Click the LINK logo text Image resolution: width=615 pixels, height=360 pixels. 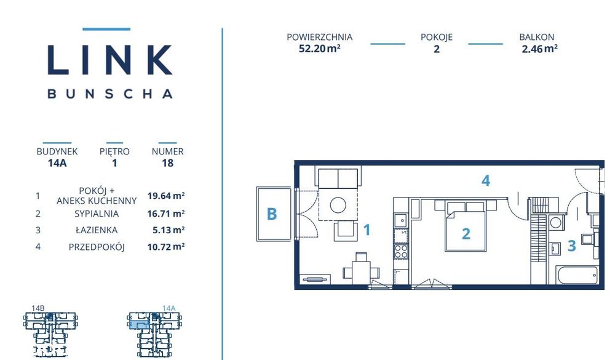[110, 60]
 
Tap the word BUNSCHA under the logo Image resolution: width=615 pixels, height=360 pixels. [110, 94]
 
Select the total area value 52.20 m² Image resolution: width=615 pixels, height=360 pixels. [319, 49]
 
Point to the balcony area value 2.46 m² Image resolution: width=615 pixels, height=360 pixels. [540, 49]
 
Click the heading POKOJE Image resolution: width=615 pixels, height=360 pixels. [437, 37]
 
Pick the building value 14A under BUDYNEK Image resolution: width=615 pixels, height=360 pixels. [57, 163]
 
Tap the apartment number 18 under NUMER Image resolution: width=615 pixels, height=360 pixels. [167, 163]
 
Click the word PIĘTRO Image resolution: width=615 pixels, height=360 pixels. [114, 151]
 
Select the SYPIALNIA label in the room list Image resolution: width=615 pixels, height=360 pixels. [97, 214]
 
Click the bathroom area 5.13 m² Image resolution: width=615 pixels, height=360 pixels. [169, 230]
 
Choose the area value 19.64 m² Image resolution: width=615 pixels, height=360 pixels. [166, 196]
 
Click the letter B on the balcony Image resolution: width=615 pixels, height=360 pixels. [272, 214]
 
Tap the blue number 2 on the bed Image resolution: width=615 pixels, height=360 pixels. [466, 234]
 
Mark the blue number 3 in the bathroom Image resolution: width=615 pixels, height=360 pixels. [572, 246]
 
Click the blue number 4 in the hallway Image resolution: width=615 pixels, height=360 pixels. [486, 180]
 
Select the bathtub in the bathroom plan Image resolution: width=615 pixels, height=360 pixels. [577, 275]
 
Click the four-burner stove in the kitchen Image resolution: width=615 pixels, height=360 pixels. [401, 251]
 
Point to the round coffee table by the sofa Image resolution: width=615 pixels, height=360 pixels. [338, 205]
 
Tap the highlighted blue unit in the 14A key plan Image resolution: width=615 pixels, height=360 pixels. [139, 325]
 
